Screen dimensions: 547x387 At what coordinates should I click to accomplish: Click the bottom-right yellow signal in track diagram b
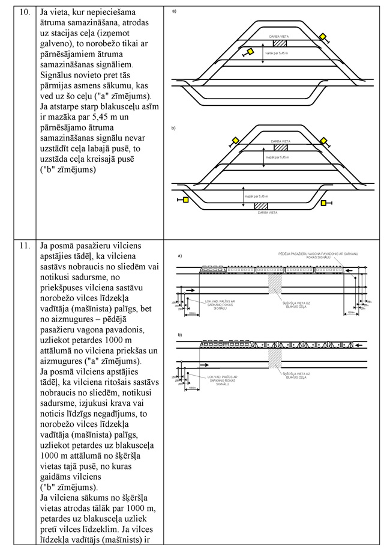tap(324, 203)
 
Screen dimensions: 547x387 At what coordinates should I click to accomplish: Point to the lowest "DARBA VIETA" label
tap(265, 213)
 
